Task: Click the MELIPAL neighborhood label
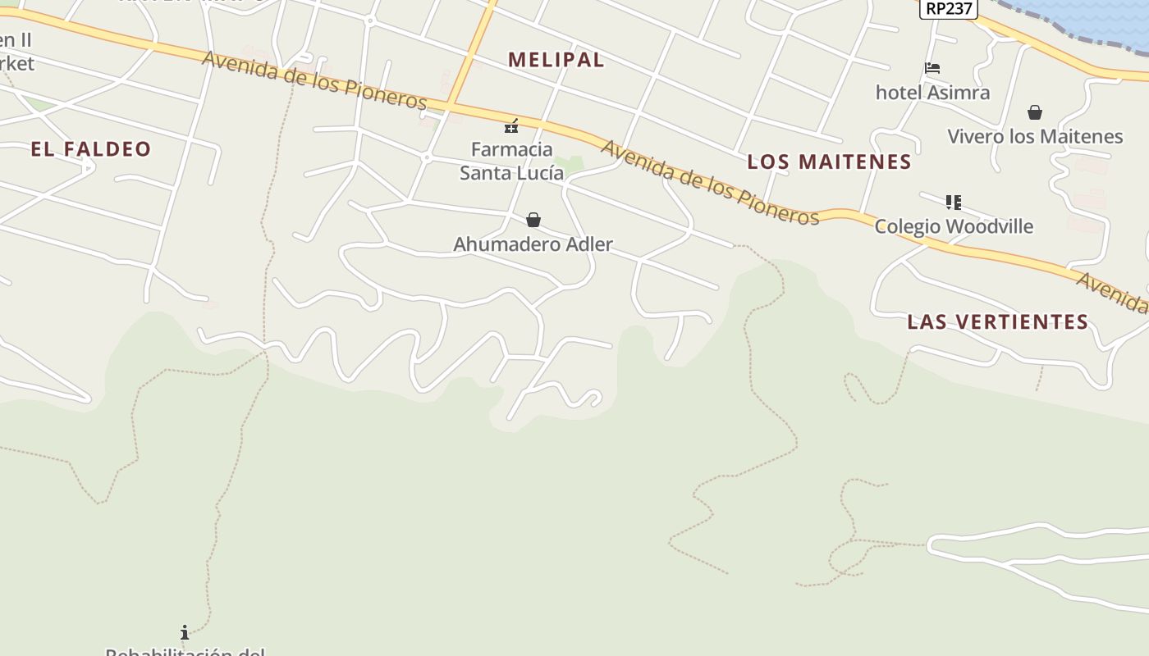pos(556,60)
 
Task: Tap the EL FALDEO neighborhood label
pos(91,149)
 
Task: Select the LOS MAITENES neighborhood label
pos(829,162)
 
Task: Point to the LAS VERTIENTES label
pos(997,322)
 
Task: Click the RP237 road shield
pos(948,8)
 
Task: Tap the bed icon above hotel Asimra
pos(932,68)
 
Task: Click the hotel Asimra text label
pos(932,93)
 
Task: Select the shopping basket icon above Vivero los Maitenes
pos(1035,112)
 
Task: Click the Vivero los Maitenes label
pos(1035,136)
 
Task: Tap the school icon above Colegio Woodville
pos(953,202)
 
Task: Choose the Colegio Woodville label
pos(953,226)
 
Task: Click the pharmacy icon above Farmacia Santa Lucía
pos(511,126)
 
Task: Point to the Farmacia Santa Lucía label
pos(511,162)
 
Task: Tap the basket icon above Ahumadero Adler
pos(533,220)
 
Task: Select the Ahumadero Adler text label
pos(533,244)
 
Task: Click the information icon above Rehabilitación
pos(185,632)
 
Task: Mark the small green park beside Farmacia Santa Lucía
pos(570,164)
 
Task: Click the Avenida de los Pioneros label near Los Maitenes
pos(710,182)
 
